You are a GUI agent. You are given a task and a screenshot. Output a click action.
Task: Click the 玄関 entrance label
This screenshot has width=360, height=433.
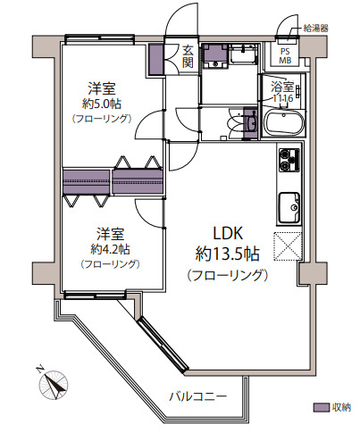click(x=188, y=56)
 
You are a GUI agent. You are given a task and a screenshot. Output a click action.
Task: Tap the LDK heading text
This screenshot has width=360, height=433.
click(x=228, y=233)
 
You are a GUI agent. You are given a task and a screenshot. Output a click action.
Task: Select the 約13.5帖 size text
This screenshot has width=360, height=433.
click(x=228, y=254)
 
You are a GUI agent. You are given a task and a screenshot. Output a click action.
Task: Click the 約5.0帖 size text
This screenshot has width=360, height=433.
click(x=102, y=104)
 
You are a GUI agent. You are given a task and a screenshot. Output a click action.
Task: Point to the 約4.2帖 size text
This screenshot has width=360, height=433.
click(x=110, y=249)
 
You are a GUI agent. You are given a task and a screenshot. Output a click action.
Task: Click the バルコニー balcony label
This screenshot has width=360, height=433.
click(x=198, y=396)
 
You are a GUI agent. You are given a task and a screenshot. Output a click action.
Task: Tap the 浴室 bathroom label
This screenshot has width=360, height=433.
click(x=282, y=87)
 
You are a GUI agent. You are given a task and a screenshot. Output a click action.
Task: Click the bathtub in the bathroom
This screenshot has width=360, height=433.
click(x=284, y=123)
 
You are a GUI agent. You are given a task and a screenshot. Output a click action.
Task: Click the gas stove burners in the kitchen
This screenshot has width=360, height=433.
click(x=289, y=160)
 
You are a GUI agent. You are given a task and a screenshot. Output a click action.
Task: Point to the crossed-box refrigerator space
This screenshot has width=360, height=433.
click(x=288, y=246)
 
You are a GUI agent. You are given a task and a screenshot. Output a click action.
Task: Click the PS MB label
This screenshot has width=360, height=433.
click(x=285, y=56)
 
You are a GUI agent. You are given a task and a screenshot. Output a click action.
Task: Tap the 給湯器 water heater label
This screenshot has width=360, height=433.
click(x=315, y=29)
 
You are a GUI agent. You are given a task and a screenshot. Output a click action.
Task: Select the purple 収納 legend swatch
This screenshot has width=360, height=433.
click(x=321, y=407)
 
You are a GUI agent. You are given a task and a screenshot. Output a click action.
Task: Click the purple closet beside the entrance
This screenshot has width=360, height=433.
click(x=156, y=59)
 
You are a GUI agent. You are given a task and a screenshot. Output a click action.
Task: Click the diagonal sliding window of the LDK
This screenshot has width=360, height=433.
click(x=163, y=345)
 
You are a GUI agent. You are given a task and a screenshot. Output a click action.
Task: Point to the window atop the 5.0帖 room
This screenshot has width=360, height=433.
click(x=100, y=38)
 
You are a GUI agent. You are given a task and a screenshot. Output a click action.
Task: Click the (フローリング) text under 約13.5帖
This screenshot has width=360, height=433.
click(x=228, y=275)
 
